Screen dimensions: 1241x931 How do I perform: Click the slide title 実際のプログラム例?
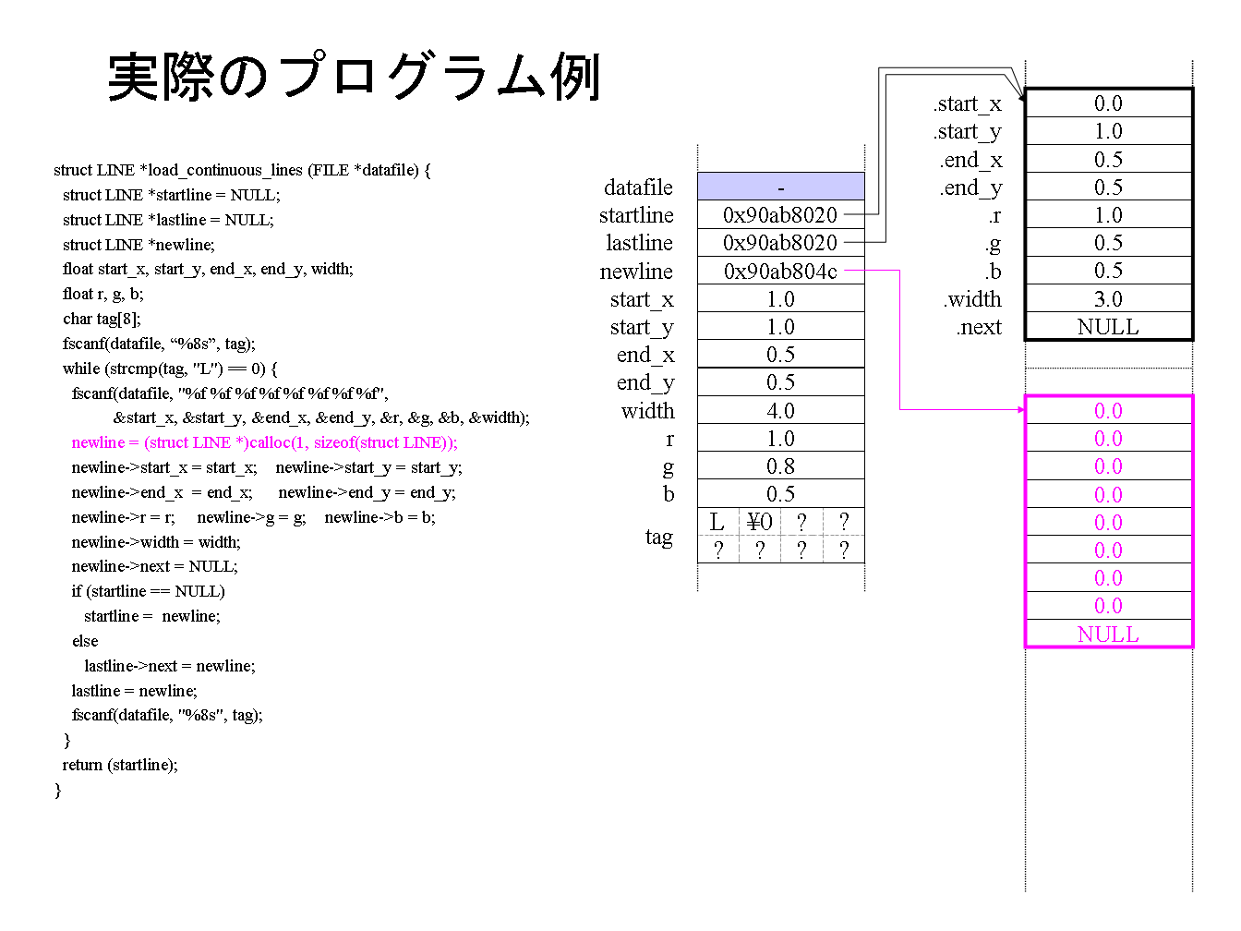(354, 77)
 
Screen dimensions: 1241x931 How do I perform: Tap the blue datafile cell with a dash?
(781, 187)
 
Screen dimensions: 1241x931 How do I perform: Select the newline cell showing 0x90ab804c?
(781, 271)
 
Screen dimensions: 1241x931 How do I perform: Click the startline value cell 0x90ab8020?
(781, 215)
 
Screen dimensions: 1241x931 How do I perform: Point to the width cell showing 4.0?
(781, 410)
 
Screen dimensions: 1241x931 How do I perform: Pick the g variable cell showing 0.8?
(781, 466)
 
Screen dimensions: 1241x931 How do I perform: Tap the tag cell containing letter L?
(718, 522)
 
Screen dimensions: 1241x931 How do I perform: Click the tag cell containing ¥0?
(759, 522)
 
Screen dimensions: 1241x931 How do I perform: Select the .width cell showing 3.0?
(1108, 298)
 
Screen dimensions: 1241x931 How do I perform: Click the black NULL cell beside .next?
(1108, 327)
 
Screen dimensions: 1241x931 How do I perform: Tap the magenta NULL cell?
(1108, 634)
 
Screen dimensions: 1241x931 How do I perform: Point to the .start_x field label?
(967, 103)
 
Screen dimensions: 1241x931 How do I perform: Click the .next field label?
(979, 327)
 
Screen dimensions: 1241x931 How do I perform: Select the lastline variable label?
(640, 243)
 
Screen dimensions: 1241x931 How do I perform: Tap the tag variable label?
(659, 537)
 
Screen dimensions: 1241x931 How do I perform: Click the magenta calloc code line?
(265, 442)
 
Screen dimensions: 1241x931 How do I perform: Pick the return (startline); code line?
(120, 765)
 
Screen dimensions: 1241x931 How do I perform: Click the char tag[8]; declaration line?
(102, 319)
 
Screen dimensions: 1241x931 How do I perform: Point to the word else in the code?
(85, 641)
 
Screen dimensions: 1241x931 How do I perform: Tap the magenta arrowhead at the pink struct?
(1021, 410)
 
